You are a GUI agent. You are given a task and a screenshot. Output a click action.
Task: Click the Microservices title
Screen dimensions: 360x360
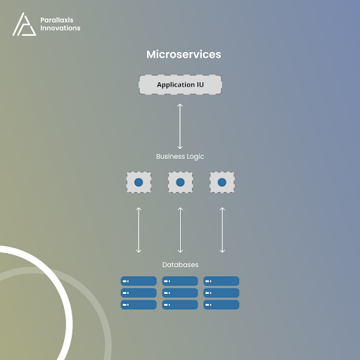(x=184, y=54)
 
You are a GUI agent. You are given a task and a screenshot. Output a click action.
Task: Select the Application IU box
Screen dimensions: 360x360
(x=180, y=84)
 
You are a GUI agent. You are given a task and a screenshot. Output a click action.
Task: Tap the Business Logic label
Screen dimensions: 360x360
(x=180, y=157)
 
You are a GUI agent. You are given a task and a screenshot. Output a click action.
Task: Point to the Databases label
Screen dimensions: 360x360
(x=180, y=264)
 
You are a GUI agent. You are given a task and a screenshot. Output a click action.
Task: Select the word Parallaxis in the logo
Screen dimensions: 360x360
(x=57, y=20)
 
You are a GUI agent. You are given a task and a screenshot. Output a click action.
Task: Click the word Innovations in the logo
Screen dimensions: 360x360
(x=60, y=28)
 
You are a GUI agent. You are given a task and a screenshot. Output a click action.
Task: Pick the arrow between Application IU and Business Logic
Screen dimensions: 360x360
(x=180, y=127)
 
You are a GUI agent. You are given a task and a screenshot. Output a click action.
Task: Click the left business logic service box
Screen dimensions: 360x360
(x=139, y=182)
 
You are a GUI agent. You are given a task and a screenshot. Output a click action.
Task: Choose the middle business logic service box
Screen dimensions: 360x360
(x=180, y=182)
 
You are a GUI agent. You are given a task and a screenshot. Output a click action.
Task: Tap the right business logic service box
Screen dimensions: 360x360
(x=222, y=182)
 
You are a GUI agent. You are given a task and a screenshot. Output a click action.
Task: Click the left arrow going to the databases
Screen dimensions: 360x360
(x=139, y=230)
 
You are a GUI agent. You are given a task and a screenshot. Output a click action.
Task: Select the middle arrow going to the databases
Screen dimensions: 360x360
(x=180, y=230)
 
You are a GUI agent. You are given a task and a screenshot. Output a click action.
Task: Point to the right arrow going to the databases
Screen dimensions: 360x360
(x=222, y=230)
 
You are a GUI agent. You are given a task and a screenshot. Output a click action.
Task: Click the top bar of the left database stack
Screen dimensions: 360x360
(x=139, y=281)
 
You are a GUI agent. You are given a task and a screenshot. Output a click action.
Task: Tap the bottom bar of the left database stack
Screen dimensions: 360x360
(x=139, y=304)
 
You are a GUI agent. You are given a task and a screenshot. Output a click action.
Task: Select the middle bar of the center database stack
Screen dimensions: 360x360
(x=180, y=292)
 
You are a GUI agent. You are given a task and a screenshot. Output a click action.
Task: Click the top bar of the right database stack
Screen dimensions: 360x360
(x=221, y=281)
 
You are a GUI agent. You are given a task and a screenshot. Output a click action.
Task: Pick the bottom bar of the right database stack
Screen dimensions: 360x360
(x=221, y=304)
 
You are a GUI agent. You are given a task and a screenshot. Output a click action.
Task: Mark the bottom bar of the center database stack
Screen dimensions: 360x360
(x=180, y=304)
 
